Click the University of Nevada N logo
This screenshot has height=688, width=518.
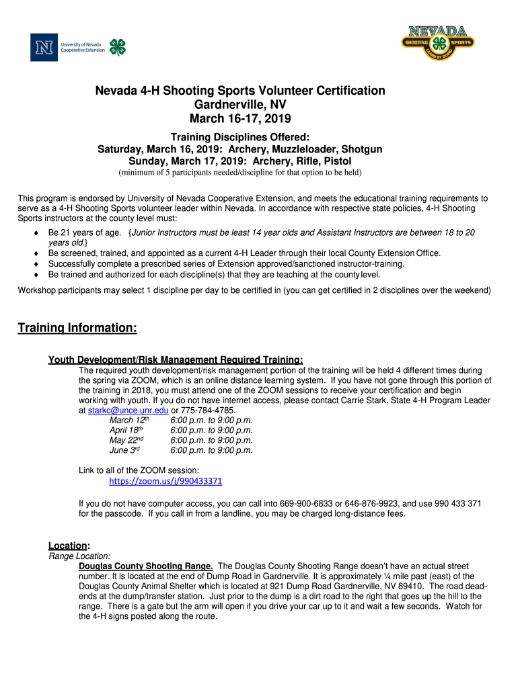[x=44, y=46]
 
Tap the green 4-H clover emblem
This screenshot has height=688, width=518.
[x=118, y=46]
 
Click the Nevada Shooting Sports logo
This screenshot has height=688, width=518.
[x=437, y=44]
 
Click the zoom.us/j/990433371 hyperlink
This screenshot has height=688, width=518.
[x=165, y=481]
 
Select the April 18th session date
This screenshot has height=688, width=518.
[x=127, y=430]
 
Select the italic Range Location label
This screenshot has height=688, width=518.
[x=79, y=556]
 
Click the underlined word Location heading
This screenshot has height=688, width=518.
[x=68, y=546]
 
